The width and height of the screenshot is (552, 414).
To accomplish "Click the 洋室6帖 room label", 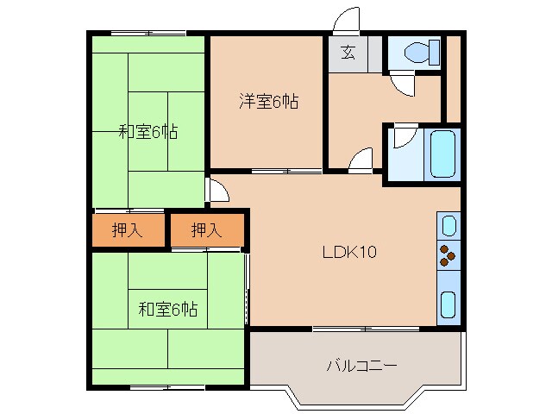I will click(x=268, y=102).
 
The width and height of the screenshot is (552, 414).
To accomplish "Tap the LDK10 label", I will click(x=348, y=253).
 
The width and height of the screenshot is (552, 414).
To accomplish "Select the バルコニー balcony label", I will click(x=361, y=366).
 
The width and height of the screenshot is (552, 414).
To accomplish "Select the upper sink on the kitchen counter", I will click(x=448, y=226).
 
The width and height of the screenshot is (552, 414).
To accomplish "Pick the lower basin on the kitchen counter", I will click(x=448, y=304).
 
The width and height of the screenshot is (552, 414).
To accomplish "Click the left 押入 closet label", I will click(x=127, y=230).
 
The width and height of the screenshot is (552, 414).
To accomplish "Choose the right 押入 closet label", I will click(x=205, y=230).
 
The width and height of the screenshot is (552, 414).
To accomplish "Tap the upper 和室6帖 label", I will click(x=148, y=132).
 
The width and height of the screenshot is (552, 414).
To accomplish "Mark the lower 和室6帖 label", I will click(x=167, y=309).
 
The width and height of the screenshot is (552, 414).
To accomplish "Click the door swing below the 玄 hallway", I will click(x=361, y=160).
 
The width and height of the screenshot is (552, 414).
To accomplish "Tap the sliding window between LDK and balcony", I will click(x=366, y=329).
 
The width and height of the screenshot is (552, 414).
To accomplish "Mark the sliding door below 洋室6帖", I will click(x=276, y=170).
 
